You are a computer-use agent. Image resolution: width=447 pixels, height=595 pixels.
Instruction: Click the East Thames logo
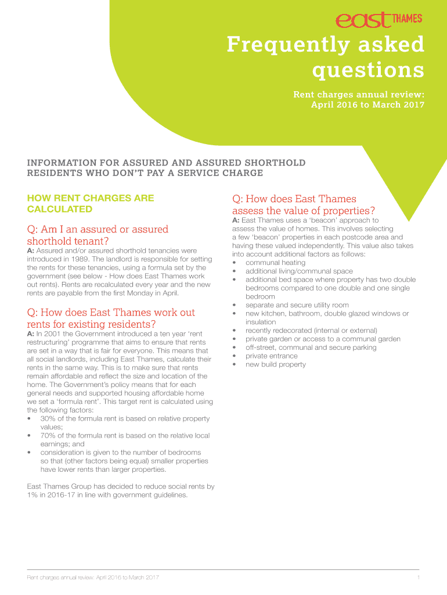pos(378,20)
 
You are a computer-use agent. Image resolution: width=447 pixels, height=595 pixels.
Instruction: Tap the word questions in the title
pos(368,70)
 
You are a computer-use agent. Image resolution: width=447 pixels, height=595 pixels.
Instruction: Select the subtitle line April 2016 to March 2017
pos(367,105)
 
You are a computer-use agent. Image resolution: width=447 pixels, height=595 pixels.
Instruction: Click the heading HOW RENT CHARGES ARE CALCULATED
pos(90,203)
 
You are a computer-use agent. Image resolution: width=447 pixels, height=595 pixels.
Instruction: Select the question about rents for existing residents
pos(111,318)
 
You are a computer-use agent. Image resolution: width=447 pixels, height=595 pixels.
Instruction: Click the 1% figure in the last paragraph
pos(33,495)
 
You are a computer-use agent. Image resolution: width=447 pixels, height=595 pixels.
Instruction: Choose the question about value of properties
pos(304,205)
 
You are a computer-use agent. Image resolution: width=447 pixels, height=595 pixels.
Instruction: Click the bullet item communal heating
pos(275,263)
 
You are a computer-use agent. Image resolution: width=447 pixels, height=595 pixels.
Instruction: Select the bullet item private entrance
pos(271,356)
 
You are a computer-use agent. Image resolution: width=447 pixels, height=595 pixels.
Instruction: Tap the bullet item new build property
pos(275,364)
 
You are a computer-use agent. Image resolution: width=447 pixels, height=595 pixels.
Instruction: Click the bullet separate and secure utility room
pos(297,305)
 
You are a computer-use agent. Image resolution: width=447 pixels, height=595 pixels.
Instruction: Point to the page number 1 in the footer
pos(418,577)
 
